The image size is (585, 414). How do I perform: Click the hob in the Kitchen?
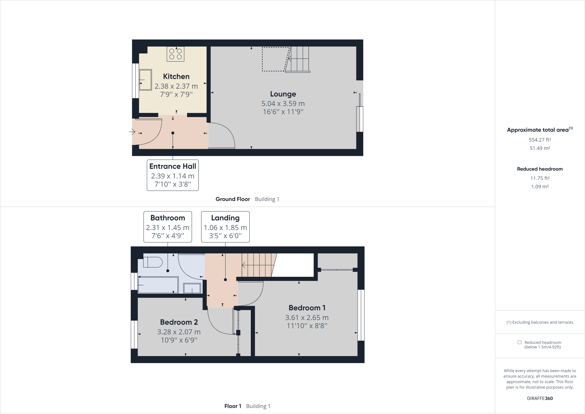coord(175,54)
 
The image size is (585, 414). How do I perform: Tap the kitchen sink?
coord(145,80)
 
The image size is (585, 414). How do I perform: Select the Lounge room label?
coord(283,94)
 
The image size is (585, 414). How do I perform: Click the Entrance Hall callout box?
coord(173,175)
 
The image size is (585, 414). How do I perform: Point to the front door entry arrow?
coord(132,132)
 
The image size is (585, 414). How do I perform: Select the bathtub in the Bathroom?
coord(158,285)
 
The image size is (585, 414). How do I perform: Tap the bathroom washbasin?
coord(192,288)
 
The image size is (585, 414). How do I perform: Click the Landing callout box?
coord(225,227)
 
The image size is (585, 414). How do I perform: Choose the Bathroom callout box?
coord(168,227)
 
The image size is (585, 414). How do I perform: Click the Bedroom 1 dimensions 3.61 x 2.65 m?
coord(307,318)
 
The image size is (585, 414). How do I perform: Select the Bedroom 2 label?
coord(179,322)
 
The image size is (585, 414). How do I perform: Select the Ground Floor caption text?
coord(233,199)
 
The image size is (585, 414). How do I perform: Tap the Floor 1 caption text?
coord(233,406)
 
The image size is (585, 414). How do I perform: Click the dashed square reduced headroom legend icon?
coord(519,342)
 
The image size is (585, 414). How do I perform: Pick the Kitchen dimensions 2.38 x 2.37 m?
coord(176,86)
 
